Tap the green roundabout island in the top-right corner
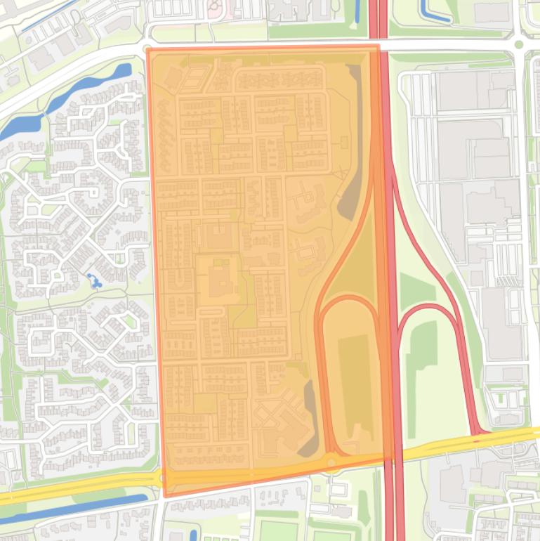[x=519, y=45]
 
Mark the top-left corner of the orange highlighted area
[x=147, y=48]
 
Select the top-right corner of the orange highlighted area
[x=378, y=46]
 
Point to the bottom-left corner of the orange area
[x=165, y=496]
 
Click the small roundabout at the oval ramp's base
[x=331, y=462]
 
